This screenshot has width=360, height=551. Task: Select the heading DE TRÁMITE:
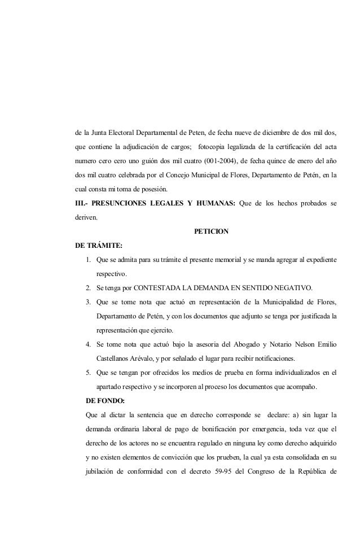click(x=99, y=246)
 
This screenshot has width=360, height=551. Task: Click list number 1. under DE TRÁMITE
click(x=89, y=260)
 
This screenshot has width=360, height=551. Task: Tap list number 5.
click(x=89, y=373)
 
